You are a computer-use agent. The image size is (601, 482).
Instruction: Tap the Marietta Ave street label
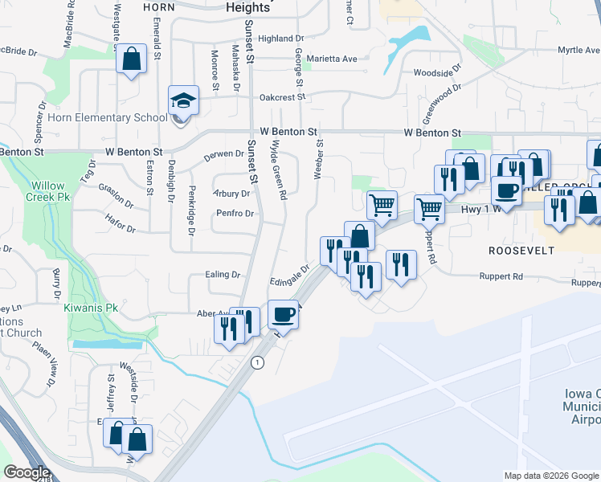coord(337,59)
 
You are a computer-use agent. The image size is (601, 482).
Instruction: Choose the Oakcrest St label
coord(283,97)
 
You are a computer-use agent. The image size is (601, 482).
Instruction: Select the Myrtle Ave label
coord(579,50)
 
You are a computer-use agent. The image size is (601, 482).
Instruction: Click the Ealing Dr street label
coord(224,274)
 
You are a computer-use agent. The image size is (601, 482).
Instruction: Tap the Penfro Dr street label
coord(235,214)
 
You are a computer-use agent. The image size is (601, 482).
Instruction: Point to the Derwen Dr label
coord(225,153)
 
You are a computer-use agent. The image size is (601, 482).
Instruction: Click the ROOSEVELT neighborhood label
coord(521,251)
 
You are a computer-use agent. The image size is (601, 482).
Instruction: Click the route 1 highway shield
coord(258,362)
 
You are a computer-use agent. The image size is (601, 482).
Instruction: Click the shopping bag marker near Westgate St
coord(131,59)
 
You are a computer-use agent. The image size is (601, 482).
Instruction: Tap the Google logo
coord(27,472)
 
